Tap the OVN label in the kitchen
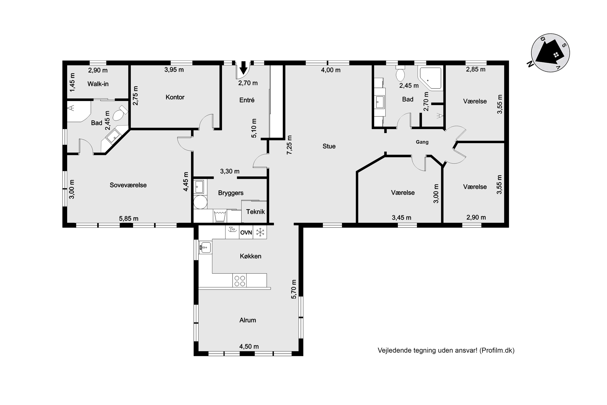[x=246, y=232]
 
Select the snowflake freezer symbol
[x=260, y=232]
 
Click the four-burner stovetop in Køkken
[x=240, y=280]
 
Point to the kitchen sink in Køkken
[x=205, y=247]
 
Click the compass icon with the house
[x=551, y=53]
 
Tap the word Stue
[x=329, y=146]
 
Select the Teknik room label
[x=256, y=212]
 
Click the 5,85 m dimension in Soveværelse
[x=128, y=218]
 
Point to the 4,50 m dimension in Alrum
[x=249, y=346]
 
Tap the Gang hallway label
[x=422, y=142]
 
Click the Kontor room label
[x=175, y=97]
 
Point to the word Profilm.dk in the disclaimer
[x=497, y=351]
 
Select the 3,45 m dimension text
[x=402, y=218]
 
